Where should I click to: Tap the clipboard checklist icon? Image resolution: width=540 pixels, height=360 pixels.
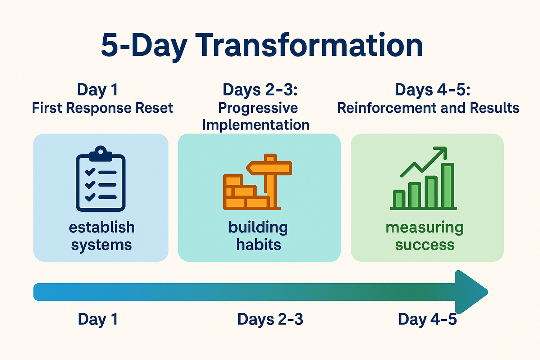[x=101, y=179]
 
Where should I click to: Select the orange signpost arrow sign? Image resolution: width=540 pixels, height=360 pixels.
[x=269, y=168]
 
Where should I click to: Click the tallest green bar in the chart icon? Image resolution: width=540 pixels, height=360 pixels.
[x=447, y=185]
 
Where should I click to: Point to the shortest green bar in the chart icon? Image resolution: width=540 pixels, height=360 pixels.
[x=399, y=199]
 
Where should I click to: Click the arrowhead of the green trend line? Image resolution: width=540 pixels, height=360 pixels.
[x=441, y=152]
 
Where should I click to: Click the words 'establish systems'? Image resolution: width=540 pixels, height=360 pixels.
[x=102, y=236]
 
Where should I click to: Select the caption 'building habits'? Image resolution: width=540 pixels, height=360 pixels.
[x=258, y=236]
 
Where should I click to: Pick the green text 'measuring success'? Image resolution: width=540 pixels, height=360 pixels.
[x=424, y=236]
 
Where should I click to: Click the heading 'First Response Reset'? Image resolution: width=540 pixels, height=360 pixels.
[x=103, y=108]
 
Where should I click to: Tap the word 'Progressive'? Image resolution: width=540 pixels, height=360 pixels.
[x=258, y=108]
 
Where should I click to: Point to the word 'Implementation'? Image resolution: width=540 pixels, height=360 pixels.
[x=256, y=125]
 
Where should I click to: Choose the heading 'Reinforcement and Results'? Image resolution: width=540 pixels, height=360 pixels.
[x=428, y=108]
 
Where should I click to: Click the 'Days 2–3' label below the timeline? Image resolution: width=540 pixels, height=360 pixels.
[x=270, y=319]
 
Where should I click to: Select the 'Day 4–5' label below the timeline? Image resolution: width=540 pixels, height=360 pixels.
[x=427, y=319]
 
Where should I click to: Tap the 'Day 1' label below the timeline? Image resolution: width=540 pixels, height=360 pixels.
[x=98, y=319]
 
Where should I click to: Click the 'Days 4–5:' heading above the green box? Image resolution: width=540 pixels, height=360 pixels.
[x=432, y=90]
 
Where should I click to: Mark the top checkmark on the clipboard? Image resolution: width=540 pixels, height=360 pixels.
[x=90, y=171]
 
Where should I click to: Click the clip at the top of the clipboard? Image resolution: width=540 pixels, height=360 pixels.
[x=101, y=154]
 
